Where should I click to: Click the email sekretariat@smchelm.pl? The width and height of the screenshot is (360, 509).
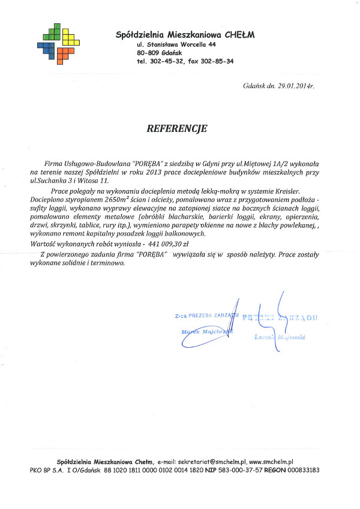[212, 462]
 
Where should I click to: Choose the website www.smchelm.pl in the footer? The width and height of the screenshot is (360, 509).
[271, 462]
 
